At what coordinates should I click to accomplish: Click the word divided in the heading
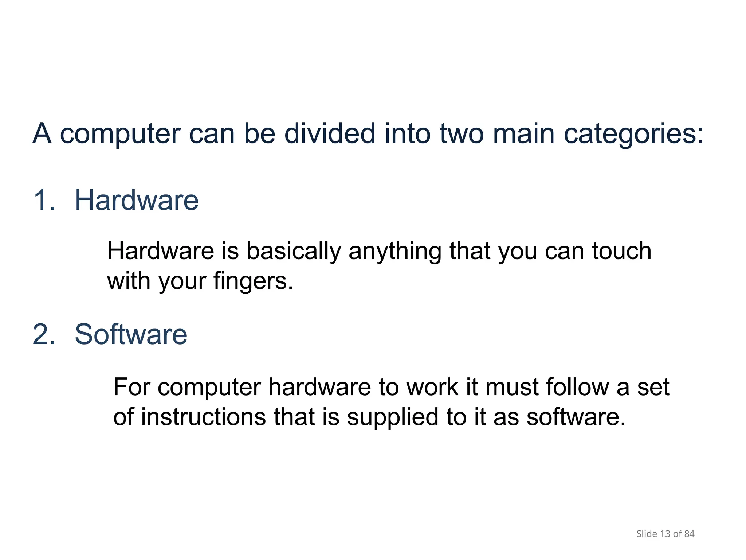coord(329,133)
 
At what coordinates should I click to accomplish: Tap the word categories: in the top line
coord(634,134)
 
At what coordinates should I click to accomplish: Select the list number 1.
coord(44,201)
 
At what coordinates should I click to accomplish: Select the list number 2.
coord(44,334)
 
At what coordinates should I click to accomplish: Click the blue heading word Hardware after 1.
coord(137,201)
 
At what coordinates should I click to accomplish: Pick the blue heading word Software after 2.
coord(131,334)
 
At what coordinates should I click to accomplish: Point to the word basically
coord(294,252)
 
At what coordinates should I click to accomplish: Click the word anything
coord(395,252)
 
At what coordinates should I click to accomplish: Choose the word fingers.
coord(253,281)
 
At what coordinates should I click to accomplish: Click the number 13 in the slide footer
coord(665,534)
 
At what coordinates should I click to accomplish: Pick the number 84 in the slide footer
coord(689,534)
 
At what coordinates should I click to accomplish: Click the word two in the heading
coord(462,133)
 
